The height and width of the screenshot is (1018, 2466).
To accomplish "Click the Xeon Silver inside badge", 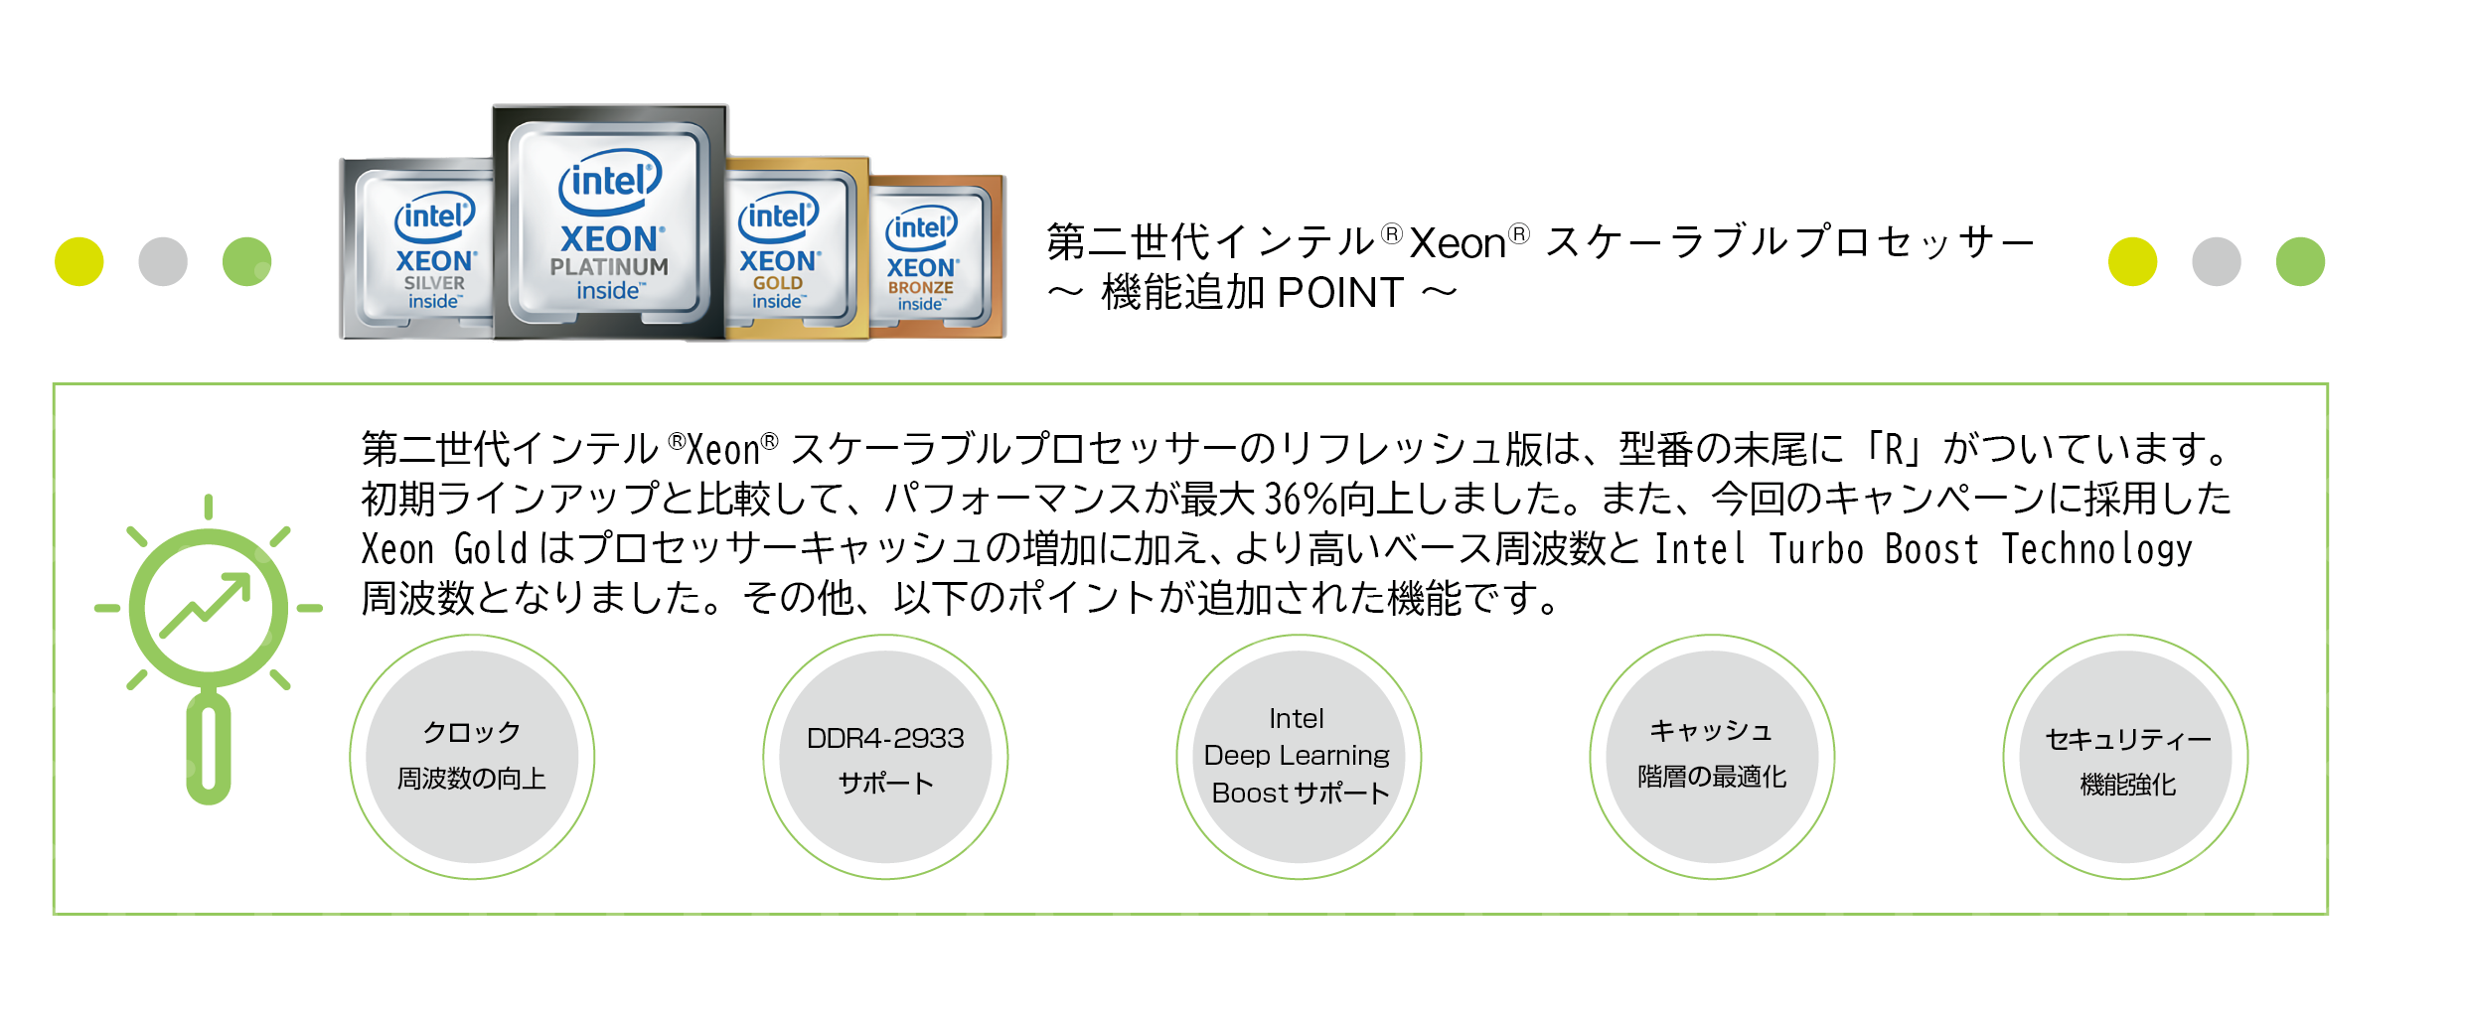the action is [x=417, y=249].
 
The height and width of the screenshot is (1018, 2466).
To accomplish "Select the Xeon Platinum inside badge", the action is [x=610, y=222].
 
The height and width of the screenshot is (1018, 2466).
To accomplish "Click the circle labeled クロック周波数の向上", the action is [x=472, y=757].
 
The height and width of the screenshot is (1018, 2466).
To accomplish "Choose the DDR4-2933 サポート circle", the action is [x=885, y=757].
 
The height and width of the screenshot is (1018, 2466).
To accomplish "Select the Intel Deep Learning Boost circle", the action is [x=1299, y=757].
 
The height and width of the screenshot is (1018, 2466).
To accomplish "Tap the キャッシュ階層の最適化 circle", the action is [x=1712, y=757].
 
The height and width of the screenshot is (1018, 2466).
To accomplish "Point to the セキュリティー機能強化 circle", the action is [x=2125, y=757].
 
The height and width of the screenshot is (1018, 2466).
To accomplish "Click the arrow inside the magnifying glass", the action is [x=206, y=605].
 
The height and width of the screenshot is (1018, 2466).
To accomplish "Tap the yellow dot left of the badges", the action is [x=79, y=262].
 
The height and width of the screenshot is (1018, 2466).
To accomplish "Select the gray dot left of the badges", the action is [x=163, y=262].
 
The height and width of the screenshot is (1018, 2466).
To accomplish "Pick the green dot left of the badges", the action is [x=247, y=262].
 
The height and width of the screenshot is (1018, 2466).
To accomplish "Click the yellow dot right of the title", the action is [x=2133, y=262].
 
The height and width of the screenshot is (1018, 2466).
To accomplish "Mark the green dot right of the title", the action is [x=2301, y=262].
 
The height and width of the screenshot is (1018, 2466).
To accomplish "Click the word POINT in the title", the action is [x=1340, y=293].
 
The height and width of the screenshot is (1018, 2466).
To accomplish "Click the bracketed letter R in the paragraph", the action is [x=1895, y=449].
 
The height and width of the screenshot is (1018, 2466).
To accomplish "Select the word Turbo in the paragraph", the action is [x=1816, y=549].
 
